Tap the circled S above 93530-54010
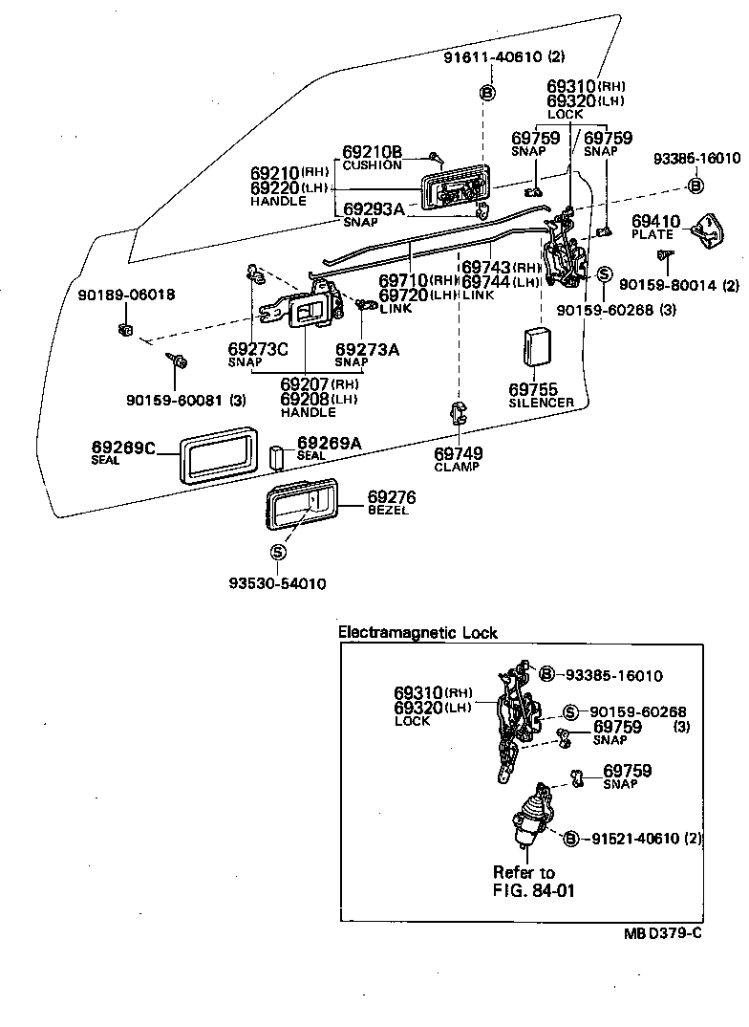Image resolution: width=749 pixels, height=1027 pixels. [x=278, y=552]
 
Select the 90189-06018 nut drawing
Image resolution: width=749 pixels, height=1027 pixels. [x=124, y=331]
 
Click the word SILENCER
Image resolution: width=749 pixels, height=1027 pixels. [x=541, y=403]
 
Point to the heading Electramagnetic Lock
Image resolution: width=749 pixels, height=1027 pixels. [x=418, y=633]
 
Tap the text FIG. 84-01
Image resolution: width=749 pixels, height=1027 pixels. [x=533, y=889]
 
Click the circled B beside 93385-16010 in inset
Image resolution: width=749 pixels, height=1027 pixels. [x=547, y=675]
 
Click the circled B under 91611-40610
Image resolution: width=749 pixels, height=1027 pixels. [x=486, y=92]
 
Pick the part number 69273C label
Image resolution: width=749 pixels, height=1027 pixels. [x=258, y=349]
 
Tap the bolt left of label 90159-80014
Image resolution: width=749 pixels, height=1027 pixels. [x=663, y=255]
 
